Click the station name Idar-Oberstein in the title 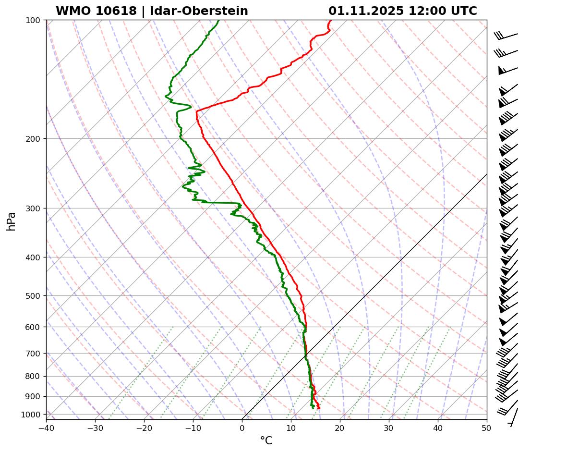(x=199, y=11)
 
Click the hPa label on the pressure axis (x=12, y=221)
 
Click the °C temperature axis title (x=266, y=440)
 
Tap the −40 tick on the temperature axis (x=46, y=428)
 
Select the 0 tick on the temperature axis (x=242, y=428)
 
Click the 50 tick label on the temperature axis (x=487, y=428)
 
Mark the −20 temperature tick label (x=144, y=428)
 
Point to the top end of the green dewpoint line (x=218, y=20)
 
